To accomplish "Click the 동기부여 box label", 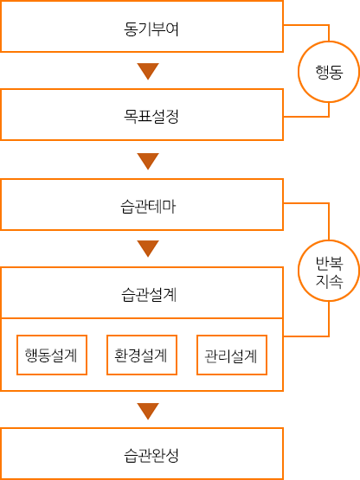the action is [x=151, y=29].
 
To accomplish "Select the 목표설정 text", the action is [x=151, y=117].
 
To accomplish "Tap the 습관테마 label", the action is [x=148, y=207].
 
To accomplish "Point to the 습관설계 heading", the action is [x=149, y=295].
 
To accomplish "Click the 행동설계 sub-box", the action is [x=52, y=355].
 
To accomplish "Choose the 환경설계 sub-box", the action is [x=142, y=355].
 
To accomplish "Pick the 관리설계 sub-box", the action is [x=232, y=355].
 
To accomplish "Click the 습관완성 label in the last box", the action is [x=151, y=455].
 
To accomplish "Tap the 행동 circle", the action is [x=329, y=72].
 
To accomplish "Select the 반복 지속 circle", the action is [x=329, y=271].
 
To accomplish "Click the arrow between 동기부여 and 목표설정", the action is [x=148, y=71].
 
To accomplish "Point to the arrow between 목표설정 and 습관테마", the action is [x=148, y=161].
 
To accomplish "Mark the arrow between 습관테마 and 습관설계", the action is [x=148, y=248].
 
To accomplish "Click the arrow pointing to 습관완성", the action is [x=148, y=411].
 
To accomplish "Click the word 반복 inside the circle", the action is [x=329, y=264].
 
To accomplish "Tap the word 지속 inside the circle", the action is [x=329, y=281].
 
